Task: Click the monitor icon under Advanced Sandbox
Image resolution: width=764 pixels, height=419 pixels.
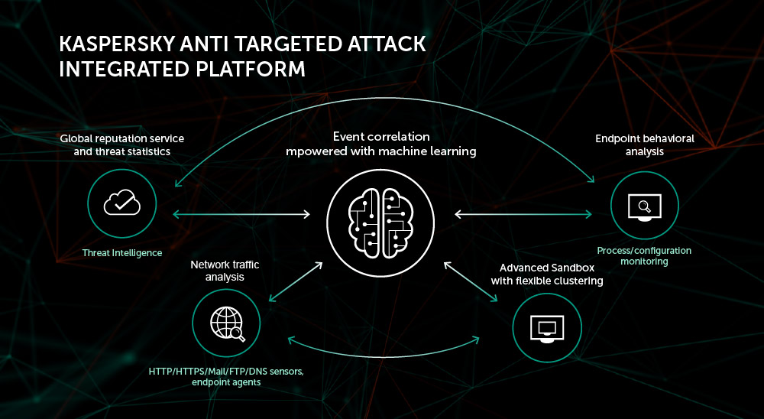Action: (x=546, y=327)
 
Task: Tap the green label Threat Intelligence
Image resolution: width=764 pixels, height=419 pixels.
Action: (x=122, y=253)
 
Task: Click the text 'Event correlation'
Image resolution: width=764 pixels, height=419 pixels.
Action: (x=381, y=136)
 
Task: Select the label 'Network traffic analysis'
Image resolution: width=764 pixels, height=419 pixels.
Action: (x=225, y=271)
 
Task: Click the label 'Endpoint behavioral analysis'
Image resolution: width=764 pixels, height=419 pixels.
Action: (x=645, y=145)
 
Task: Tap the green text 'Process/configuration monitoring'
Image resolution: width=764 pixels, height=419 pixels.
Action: (x=644, y=255)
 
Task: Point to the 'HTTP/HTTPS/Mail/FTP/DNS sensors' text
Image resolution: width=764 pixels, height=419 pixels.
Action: (x=226, y=372)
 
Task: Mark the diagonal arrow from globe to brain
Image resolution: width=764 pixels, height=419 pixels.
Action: (x=295, y=281)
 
